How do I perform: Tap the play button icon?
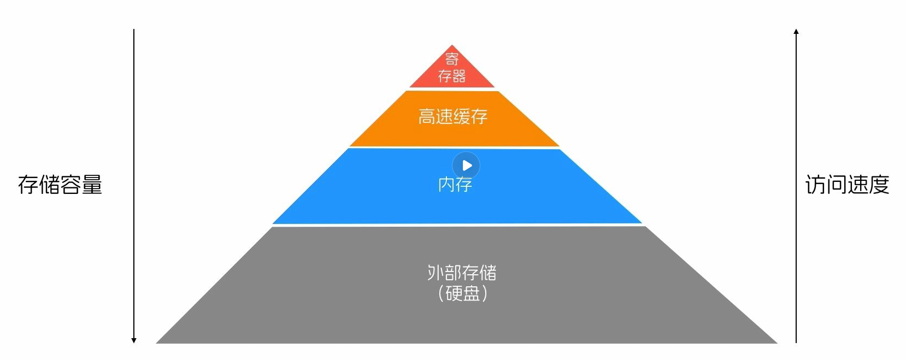tap(466, 166)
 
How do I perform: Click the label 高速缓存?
tap(452, 116)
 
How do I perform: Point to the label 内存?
tap(455, 185)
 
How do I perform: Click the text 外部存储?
tap(462, 272)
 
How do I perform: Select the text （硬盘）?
tap(462, 293)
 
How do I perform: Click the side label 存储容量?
tap(60, 185)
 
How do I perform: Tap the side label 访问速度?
tap(847, 185)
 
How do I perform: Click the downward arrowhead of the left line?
tap(134, 340)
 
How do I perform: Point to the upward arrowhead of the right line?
tap(796, 32)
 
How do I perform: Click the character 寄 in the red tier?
tap(452, 58)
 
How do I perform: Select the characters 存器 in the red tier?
tap(452, 76)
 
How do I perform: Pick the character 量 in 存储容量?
tap(92, 185)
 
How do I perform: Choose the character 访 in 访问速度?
tap(816, 185)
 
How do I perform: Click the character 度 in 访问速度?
tap(879, 185)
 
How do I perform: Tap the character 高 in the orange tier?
tap(427, 116)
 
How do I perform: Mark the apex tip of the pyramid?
tap(452, 46)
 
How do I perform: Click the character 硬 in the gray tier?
tap(454, 293)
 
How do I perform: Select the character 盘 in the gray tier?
tap(471, 293)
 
